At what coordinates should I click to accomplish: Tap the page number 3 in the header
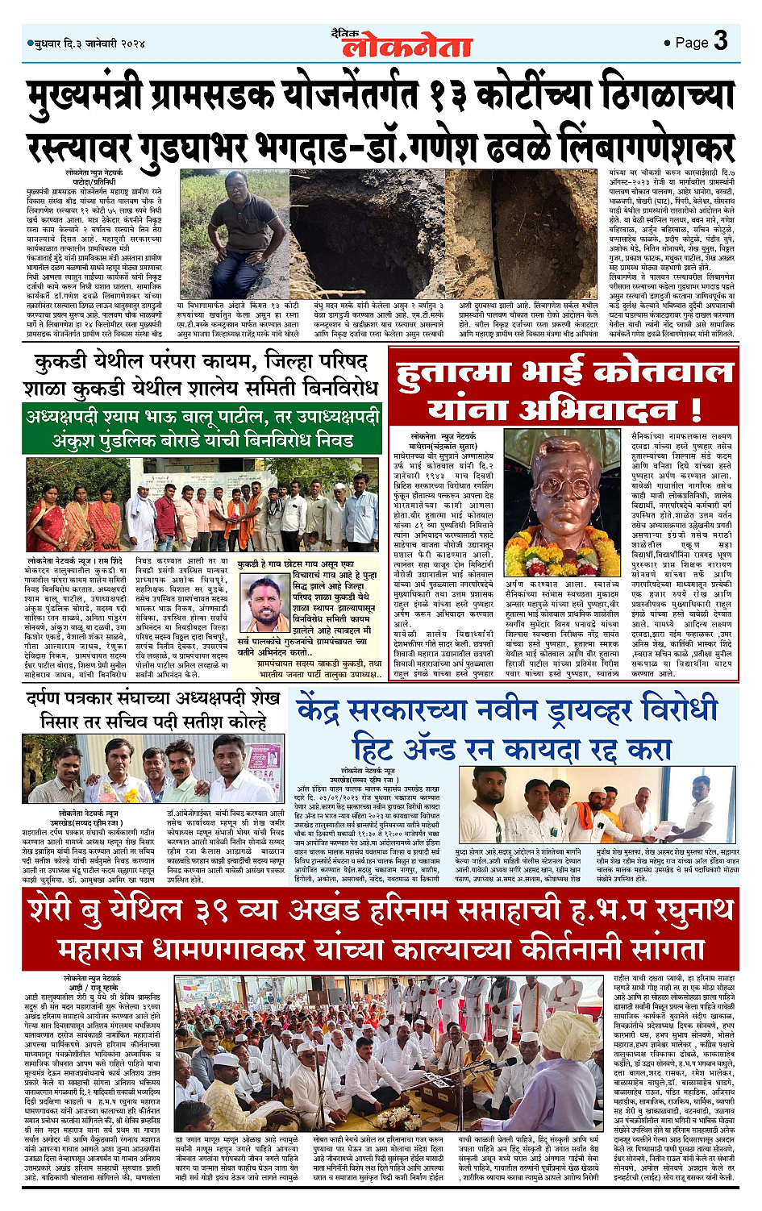coord(721,40)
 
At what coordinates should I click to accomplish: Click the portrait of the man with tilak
coord(267,604)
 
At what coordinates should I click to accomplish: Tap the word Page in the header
coord(691,43)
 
